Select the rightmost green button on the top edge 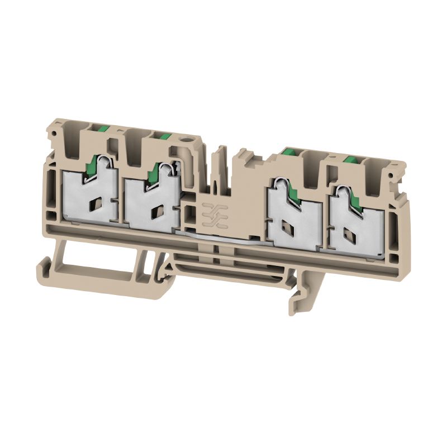[x=350, y=160]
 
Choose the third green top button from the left [x=289, y=150]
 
